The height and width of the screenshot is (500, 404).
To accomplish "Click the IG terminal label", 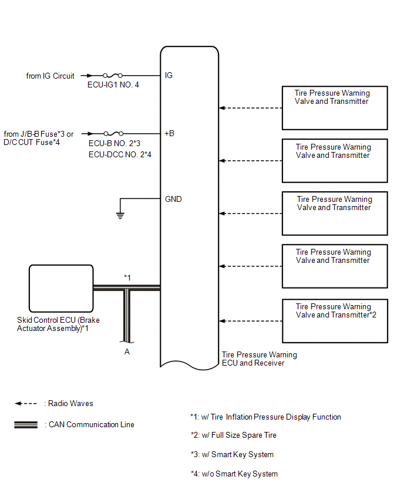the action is [x=169, y=75].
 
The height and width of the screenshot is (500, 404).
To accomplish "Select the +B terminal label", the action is [x=170, y=133].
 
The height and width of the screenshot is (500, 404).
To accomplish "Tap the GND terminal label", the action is [x=173, y=199].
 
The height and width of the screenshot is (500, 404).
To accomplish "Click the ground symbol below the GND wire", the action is [x=120, y=215].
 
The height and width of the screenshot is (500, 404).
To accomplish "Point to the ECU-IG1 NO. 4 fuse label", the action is [x=113, y=85].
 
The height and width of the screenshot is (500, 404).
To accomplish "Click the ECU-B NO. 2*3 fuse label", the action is [x=115, y=143].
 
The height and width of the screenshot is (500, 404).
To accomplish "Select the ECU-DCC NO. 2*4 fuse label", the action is [x=120, y=154].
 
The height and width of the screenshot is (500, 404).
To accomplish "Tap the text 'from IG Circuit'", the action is [x=50, y=76].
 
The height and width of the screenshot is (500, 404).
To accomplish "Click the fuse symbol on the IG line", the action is [x=113, y=76].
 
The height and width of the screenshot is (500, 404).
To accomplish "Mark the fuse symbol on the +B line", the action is [x=113, y=134].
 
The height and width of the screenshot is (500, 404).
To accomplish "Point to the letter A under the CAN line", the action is [x=127, y=352].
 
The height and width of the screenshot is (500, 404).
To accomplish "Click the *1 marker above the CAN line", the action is [x=127, y=278].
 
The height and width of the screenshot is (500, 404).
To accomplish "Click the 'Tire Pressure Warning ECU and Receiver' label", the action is [x=260, y=359].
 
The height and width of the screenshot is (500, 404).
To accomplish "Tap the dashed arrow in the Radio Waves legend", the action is [x=26, y=403].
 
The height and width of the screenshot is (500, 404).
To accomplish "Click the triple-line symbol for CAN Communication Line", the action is [x=26, y=425].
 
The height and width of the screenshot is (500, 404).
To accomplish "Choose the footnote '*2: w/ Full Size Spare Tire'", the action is [x=234, y=435].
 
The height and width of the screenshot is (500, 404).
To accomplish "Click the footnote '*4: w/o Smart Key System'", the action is [x=234, y=474].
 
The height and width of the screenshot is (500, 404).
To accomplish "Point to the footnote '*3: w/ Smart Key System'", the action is [x=233, y=454].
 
